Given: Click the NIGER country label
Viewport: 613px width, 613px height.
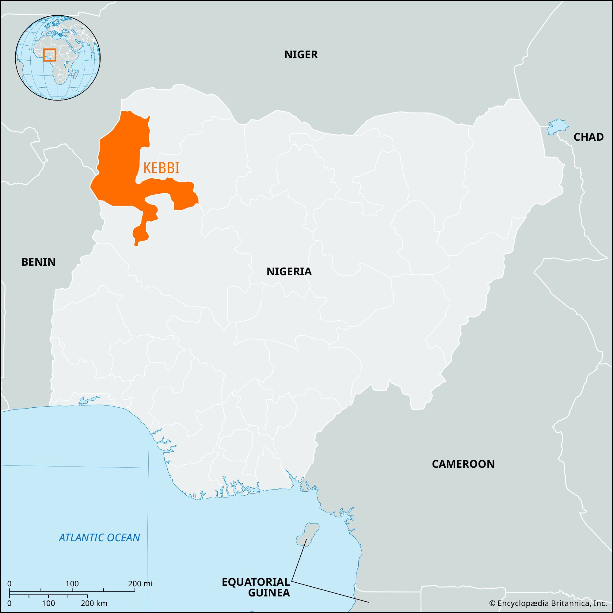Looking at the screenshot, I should coord(301,55).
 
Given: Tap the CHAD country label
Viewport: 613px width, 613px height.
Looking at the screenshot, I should coord(588,137).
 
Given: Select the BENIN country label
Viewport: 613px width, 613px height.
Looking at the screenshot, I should coord(38,262).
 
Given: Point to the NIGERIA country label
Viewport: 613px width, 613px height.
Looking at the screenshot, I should coord(289,272).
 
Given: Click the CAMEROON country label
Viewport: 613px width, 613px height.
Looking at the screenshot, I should coord(463,464).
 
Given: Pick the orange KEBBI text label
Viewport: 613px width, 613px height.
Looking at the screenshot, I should coord(161,168).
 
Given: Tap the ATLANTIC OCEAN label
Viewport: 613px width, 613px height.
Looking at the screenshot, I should coord(99,538).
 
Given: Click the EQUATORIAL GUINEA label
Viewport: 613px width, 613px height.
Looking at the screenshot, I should coord(256,587).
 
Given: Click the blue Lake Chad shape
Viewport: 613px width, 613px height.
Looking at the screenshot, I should coord(557,127).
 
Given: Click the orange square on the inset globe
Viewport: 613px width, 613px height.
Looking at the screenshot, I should coord(49,55).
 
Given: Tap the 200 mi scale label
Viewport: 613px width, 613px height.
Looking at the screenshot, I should coord(140,584).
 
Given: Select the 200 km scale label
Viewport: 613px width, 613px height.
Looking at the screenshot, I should coord(94,603).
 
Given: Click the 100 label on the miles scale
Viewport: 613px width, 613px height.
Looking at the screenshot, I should coord(72,584).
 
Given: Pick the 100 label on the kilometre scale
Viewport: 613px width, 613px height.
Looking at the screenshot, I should coord(48,603).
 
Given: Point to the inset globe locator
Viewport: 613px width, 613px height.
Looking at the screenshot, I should coord(58,57).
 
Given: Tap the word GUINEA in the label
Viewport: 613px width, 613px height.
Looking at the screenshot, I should coord(269,593).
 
